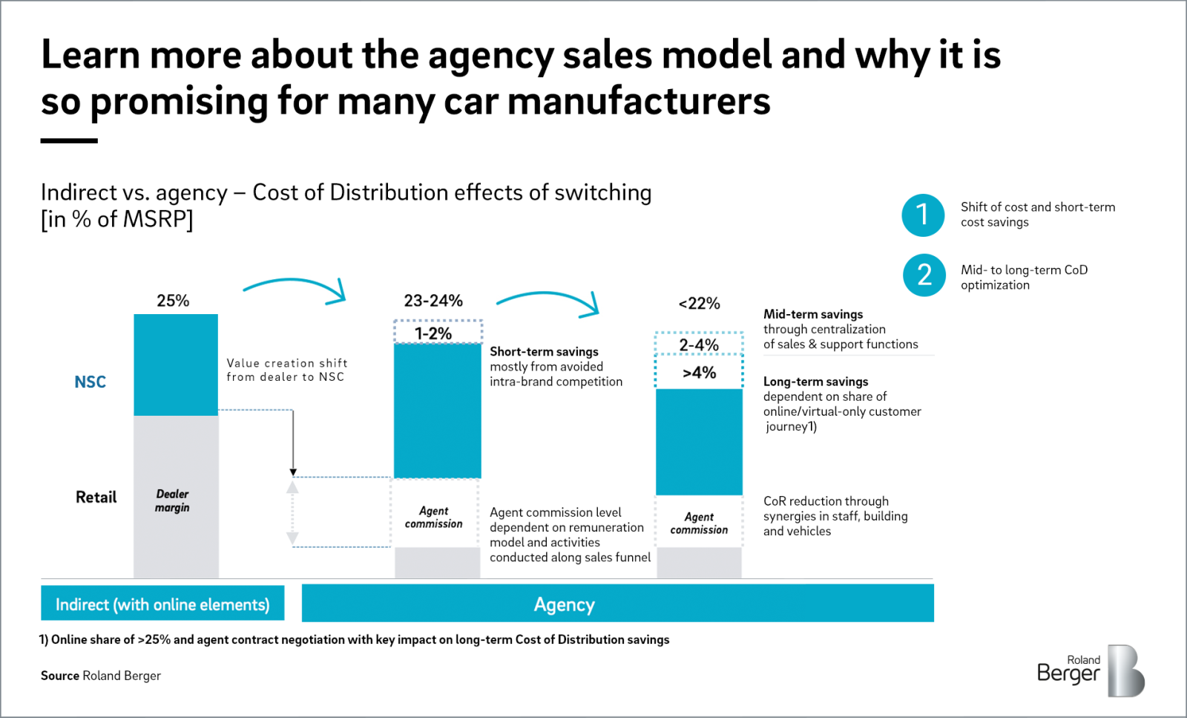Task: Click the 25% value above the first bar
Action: [x=173, y=301]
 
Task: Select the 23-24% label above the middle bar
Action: [x=433, y=301]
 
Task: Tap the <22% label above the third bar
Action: [x=699, y=304]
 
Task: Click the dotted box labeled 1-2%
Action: [x=437, y=333]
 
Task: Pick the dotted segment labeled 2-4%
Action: [x=699, y=345]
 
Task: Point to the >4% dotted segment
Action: [x=699, y=373]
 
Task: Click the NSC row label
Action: [x=91, y=382]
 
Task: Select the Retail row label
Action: [x=96, y=497]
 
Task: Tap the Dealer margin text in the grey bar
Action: [x=172, y=501]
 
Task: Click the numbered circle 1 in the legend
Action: [x=923, y=215]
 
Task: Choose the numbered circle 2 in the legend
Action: [x=924, y=275]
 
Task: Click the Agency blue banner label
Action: [x=564, y=604]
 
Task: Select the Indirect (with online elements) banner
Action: [x=162, y=604]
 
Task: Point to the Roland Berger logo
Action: [x=1090, y=670]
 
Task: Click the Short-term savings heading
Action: [x=544, y=352]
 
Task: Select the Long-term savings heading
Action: [x=815, y=382]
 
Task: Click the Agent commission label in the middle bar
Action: [x=434, y=518]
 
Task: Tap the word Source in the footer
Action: [x=60, y=676]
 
